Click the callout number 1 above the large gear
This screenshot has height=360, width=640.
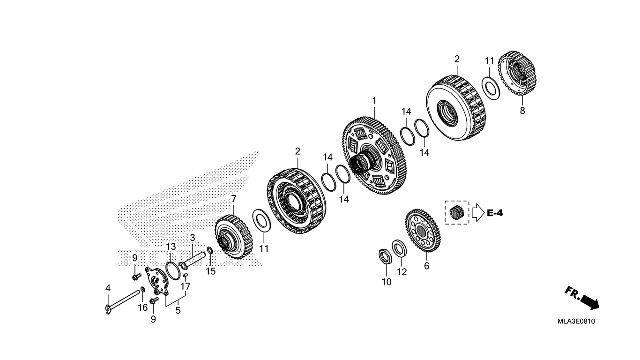tap(374, 101)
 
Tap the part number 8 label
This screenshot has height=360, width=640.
tap(522, 111)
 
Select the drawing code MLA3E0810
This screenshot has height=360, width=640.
tap(576, 322)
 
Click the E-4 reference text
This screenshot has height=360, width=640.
tap(495, 213)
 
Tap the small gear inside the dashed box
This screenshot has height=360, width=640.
tap(456, 212)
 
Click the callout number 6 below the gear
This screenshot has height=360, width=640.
tap(426, 266)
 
